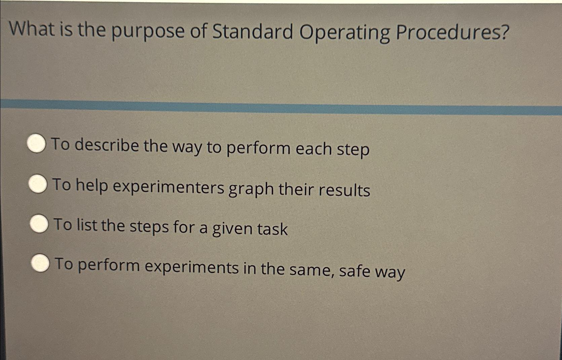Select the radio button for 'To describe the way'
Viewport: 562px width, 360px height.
[x=36, y=144]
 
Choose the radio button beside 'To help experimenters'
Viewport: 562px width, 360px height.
[x=38, y=184]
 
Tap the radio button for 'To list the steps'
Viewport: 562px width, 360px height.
[x=39, y=224]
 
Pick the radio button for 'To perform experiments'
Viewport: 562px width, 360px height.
[x=41, y=264]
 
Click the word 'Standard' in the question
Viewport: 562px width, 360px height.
[x=253, y=32]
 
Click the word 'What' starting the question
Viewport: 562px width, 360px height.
[x=32, y=29]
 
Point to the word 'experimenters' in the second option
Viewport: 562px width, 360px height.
[x=168, y=187]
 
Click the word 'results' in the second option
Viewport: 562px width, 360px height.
[x=344, y=190]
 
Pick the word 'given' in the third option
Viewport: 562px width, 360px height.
[x=232, y=229]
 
